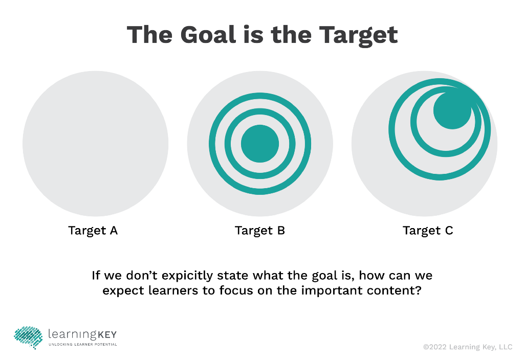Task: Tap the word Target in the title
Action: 358,35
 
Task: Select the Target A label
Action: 93,231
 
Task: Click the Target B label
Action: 259,231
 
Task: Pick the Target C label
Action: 428,231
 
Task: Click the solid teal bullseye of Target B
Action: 260,144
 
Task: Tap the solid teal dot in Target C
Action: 452,110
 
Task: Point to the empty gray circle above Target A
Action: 95,144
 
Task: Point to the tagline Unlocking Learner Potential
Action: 82,345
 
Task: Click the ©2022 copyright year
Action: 434,347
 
